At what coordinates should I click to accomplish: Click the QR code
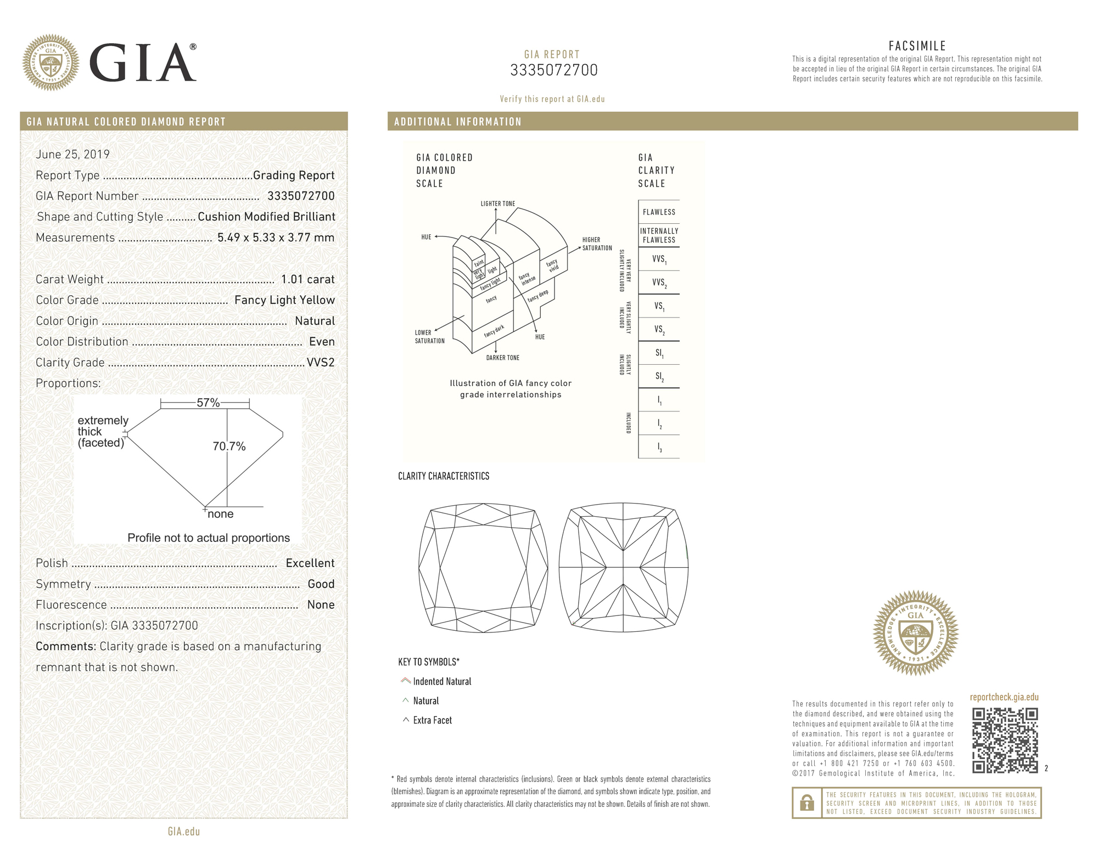(x=1005, y=740)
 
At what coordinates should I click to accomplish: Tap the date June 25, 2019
(x=72, y=154)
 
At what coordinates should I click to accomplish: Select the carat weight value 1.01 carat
(x=307, y=279)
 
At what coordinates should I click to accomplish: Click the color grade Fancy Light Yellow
(x=284, y=300)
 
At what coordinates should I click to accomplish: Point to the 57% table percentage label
(x=208, y=403)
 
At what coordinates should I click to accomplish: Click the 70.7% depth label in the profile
(x=229, y=446)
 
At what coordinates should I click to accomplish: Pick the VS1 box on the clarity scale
(x=659, y=306)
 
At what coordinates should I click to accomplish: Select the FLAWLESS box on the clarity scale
(x=659, y=212)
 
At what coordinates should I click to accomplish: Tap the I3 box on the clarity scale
(x=659, y=448)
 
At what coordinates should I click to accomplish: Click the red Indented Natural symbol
(x=406, y=681)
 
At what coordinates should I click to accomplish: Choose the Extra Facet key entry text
(x=433, y=720)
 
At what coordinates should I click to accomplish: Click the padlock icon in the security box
(x=806, y=803)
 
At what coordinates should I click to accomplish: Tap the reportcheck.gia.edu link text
(x=1004, y=697)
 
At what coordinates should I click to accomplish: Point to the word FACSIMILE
(x=917, y=46)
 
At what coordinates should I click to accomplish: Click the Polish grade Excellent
(x=310, y=563)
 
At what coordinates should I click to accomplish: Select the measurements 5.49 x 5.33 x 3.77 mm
(x=276, y=238)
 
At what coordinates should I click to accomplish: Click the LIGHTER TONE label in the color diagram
(x=497, y=203)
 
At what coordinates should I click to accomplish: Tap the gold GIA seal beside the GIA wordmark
(x=51, y=63)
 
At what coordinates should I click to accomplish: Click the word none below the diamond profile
(x=220, y=514)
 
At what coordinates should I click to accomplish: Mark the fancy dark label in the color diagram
(x=494, y=331)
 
